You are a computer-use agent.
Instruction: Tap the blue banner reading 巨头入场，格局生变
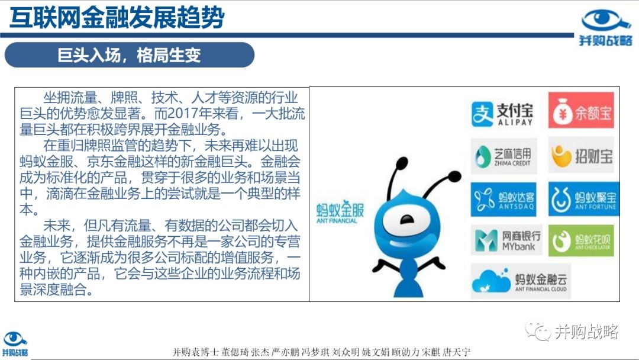(129, 55)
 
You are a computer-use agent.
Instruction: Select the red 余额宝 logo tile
(581, 111)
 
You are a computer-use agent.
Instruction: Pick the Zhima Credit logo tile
(504, 156)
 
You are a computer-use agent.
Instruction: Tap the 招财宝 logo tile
(581, 155)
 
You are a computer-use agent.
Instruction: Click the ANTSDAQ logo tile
(504, 200)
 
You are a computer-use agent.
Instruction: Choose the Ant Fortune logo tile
(583, 199)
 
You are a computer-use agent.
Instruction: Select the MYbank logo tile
(506, 240)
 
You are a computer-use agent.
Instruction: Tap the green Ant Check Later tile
(581, 240)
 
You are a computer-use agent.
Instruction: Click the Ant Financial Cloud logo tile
(521, 281)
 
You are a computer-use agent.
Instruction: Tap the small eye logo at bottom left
(14, 339)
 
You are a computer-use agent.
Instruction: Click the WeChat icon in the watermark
(537, 331)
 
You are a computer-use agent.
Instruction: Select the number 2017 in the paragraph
(182, 113)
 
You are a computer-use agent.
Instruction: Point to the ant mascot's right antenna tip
(454, 176)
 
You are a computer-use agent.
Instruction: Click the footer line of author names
(321, 352)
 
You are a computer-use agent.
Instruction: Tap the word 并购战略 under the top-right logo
(606, 40)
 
